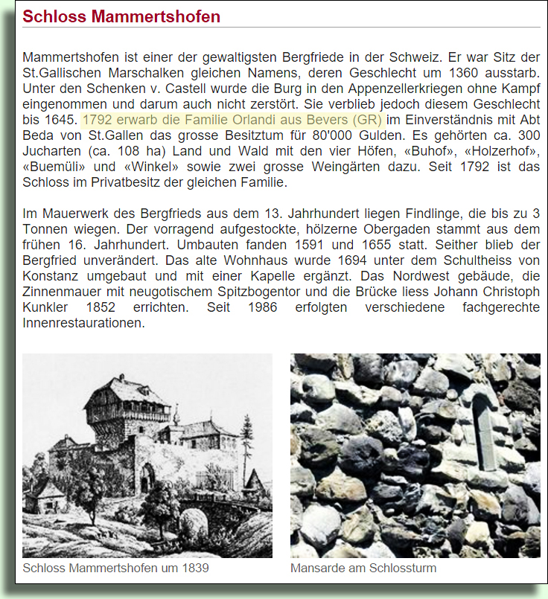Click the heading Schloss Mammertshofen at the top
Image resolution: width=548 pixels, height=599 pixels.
pos(121,16)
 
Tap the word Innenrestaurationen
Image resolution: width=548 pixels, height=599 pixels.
pos(83,323)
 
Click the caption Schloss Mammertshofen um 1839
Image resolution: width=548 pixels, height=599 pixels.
pos(115,568)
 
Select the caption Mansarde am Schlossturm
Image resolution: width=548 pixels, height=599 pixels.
pos(363,568)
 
